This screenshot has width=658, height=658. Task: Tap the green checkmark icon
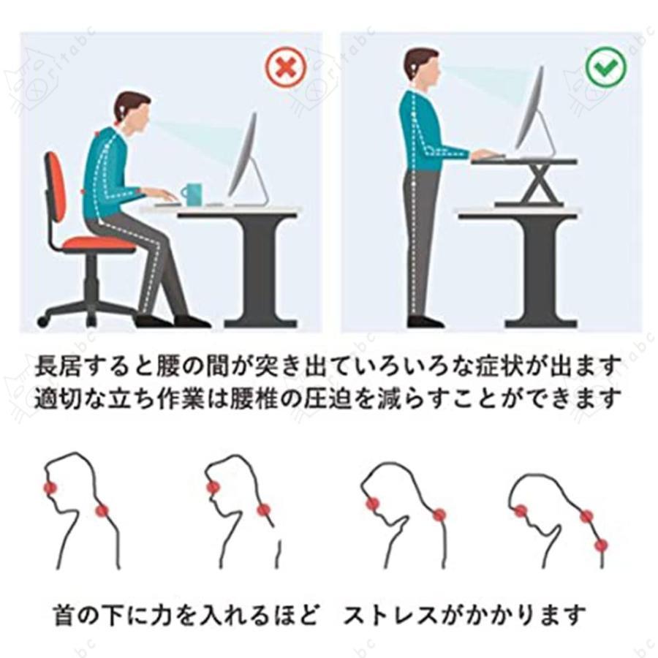pyautogui.click(x=605, y=68)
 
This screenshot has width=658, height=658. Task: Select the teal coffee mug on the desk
pyautogui.click(x=192, y=194)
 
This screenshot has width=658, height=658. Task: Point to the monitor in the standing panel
pyautogui.click(x=532, y=110)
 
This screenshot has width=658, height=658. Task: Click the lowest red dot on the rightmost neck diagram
pyautogui.click(x=601, y=545)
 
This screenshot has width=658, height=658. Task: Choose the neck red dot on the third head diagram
pyautogui.click(x=439, y=515)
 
